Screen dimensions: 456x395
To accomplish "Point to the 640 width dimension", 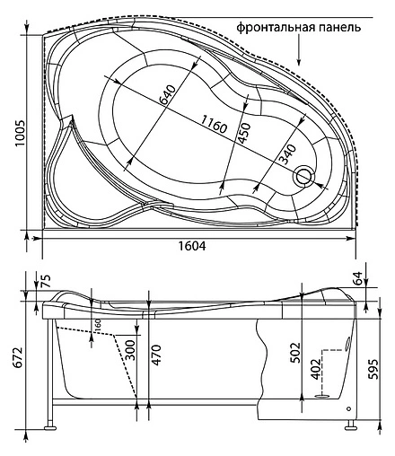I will (165, 92).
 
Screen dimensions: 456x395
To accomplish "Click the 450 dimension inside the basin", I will (243, 136).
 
